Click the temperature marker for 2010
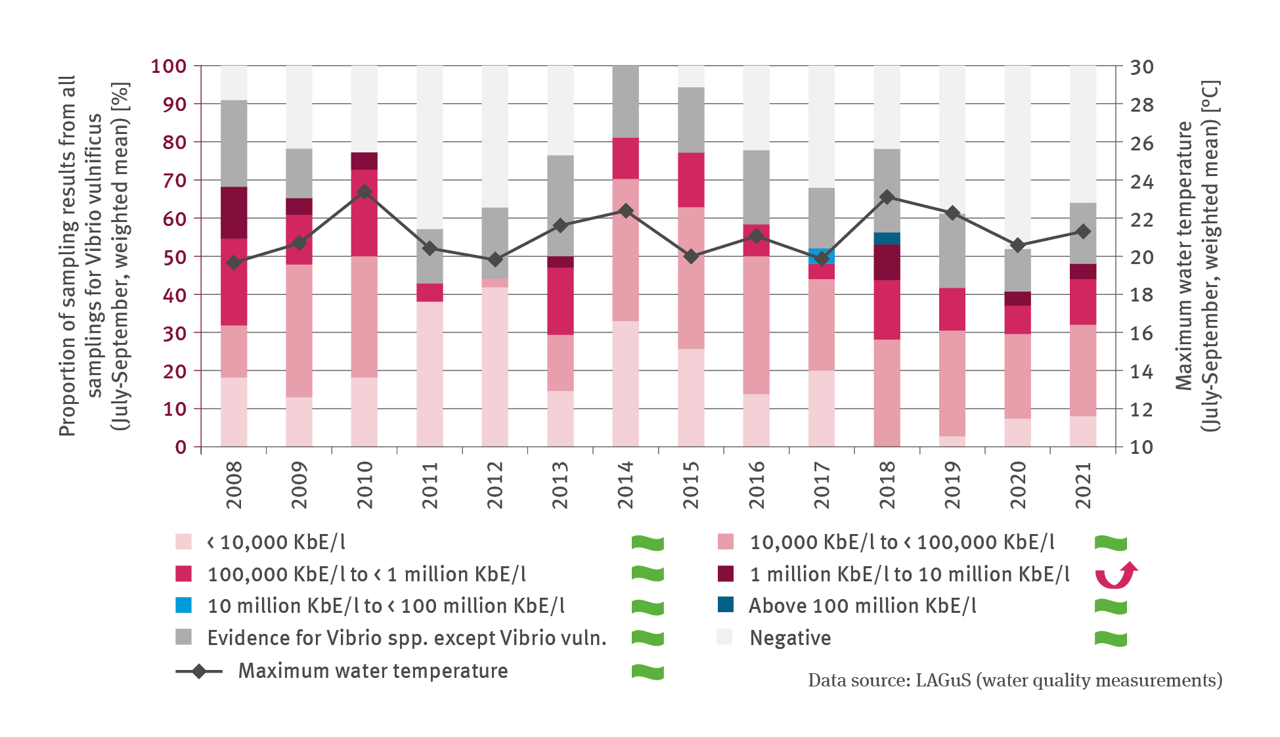pyautogui.click(x=364, y=192)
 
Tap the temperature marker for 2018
pyautogui.click(x=887, y=197)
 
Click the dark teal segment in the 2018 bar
pyautogui.click(x=887, y=238)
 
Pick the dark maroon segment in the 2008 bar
pyautogui.click(x=234, y=213)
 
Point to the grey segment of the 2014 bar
pyautogui.click(x=625, y=101)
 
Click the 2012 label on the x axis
pyautogui.click(x=495, y=485)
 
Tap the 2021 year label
pyautogui.click(x=1083, y=485)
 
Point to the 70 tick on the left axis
pyautogui.click(x=174, y=180)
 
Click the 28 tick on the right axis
pyautogui.click(x=1141, y=104)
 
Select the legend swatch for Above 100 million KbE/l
pyautogui.click(x=726, y=605)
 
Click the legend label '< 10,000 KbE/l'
pyautogui.click(x=276, y=543)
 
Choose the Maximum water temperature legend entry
pyautogui.click(x=372, y=671)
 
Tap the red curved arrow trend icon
pyautogui.click(x=1115, y=575)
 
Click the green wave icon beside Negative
pyautogui.click(x=1111, y=638)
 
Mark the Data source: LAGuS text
pyautogui.click(x=1015, y=681)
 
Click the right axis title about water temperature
pyautogui.click(x=1197, y=256)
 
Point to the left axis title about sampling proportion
pyautogui.click(x=95, y=256)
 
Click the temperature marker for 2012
pyautogui.click(x=495, y=259)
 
